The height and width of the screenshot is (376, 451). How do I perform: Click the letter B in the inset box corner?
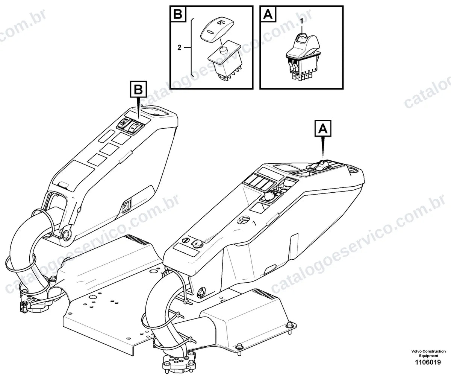point(178,14)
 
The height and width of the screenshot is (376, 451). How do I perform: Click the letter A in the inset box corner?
point(268,14)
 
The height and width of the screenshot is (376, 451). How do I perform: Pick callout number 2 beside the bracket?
point(179,47)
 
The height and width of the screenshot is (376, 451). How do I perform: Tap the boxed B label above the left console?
point(138,89)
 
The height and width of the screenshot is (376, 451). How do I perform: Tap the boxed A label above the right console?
point(323,128)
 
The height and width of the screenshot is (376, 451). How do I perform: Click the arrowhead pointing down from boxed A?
point(323,151)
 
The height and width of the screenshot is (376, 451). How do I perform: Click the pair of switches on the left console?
point(131,126)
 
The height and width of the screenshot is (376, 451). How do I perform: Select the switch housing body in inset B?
point(225,62)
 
